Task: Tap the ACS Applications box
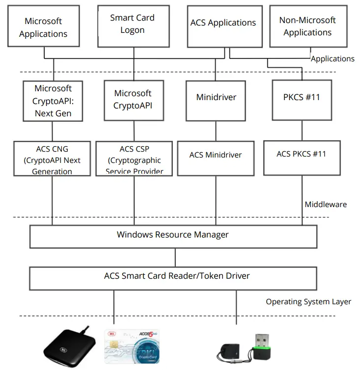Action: pyautogui.click(x=223, y=23)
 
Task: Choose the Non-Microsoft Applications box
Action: pyautogui.click(x=307, y=26)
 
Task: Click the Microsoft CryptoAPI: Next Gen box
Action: pyautogui.click(x=53, y=101)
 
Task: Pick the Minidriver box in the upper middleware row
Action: pyautogui.click(x=216, y=97)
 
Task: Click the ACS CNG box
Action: pyautogui.click(x=52, y=159)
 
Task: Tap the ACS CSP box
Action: pyautogui.click(x=134, y=159)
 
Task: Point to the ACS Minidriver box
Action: pyautogui.click(x=216, y=156)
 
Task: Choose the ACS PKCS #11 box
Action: pyautogui.click(x=302, y=154)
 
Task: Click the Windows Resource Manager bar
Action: pyautogui.click(x=172, y=235)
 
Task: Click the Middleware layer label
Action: pyautogui.click(x=326, y=204)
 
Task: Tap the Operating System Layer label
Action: pyautogui.click(x=308, y=301)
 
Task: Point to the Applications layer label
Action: pyautogui.click(x=332, y=59)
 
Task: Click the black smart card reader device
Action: pyautogui.click(x=67, y=346)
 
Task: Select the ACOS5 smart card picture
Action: pyautogui.click(x=132, y=345)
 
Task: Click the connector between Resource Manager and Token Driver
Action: pyautogui.click(x=176, y=257)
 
